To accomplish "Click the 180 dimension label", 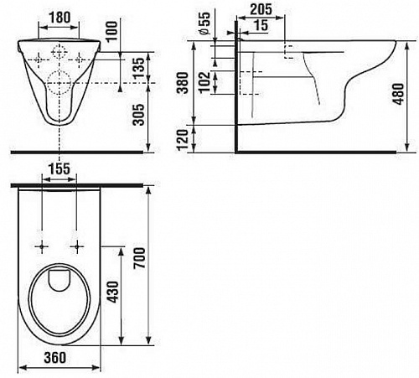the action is (59, 18).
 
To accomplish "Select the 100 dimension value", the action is (112, 31).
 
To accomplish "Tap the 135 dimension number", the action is (139, 68).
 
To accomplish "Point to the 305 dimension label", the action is (138, 114).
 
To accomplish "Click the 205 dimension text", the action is (261, 9).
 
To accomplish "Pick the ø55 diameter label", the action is (205, 23).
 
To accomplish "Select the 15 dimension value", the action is (261, 25).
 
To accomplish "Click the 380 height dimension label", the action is (184, 82).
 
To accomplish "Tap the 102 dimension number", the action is (204, 82).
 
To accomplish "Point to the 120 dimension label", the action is (183, 140).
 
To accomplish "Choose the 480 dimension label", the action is (399, 94).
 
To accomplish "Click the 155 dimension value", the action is (59, 169).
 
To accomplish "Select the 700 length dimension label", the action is (139, 258).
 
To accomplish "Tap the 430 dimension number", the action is (114, 292).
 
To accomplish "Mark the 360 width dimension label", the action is (55, 358).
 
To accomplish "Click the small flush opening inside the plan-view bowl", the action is (59, 280).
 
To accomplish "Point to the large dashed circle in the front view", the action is (59, 83).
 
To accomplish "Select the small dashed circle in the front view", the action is (59, 52).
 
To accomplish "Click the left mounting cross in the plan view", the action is (42, 246).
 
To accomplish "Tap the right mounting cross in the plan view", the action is (77, 246).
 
